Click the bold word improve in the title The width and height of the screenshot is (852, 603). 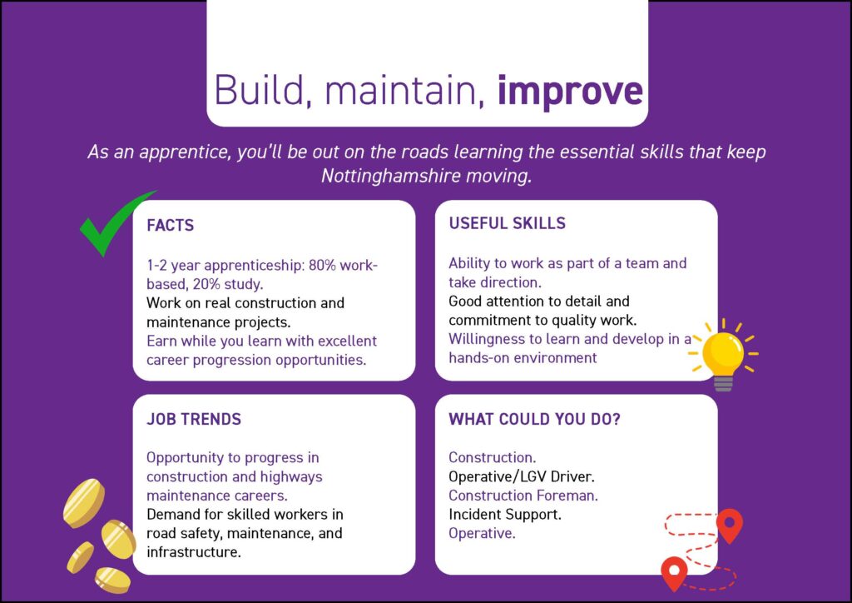pos(570,91)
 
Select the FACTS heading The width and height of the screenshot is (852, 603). pos(170,225)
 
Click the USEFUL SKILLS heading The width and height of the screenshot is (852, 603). pos(507,223)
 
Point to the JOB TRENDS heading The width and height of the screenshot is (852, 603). pos(194,419)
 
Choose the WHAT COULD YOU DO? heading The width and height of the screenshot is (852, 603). pos(534,419)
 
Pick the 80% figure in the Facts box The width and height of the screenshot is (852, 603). pos(323,266)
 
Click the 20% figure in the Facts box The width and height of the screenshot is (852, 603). pos(206,284)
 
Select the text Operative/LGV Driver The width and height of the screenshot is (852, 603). pos(522,477)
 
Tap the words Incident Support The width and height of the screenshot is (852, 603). pos(505,515)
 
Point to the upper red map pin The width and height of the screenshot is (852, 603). pos(730,526)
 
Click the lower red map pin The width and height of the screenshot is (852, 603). pos(674,574)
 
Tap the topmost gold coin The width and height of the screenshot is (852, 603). pos(84,503)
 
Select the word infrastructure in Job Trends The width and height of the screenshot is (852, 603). pos(193,552)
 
